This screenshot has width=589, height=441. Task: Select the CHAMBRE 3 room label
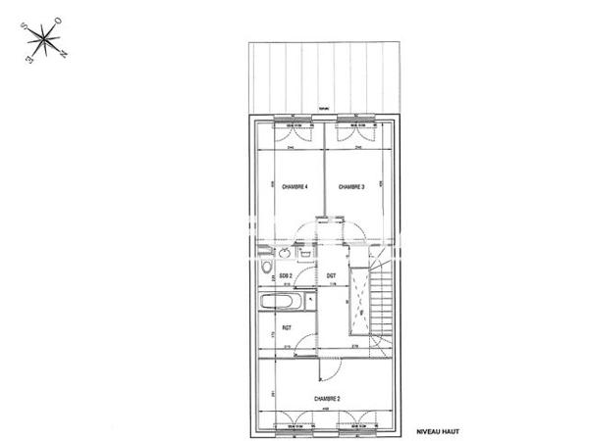pyautogui.click(x=352, y=187)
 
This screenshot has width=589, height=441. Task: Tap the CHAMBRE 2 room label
pyautogui.click(x=327, y=399)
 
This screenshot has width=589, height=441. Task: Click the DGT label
pyautogui.click(x=332, y=277)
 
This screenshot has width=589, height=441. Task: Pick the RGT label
pyautogui.click(x=288, y=327)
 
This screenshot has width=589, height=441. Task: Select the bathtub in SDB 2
pyautogui.click(x=285, y=300)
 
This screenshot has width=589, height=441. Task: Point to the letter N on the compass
pyautogui.click(x=64, y=52)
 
